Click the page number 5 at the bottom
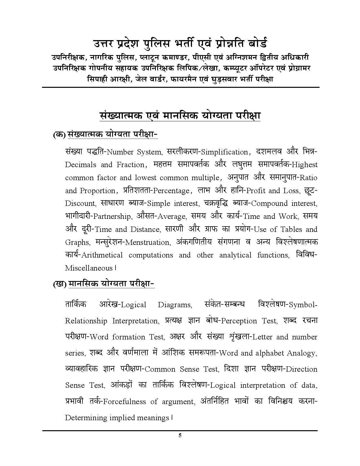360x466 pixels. tap(180, 435)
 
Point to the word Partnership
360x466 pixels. tap(112, 217)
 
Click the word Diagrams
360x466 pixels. tap(175, 305)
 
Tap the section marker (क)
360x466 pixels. tap(59, 135)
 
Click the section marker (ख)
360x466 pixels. tap(60, 284)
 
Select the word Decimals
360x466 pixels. tap(80, 165)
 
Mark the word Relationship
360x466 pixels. tap(86, 321)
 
